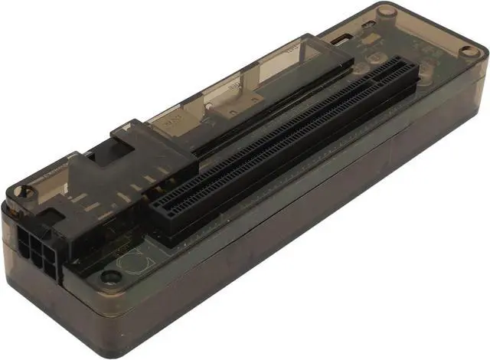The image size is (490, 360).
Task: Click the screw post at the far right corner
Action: coord(469,51)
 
